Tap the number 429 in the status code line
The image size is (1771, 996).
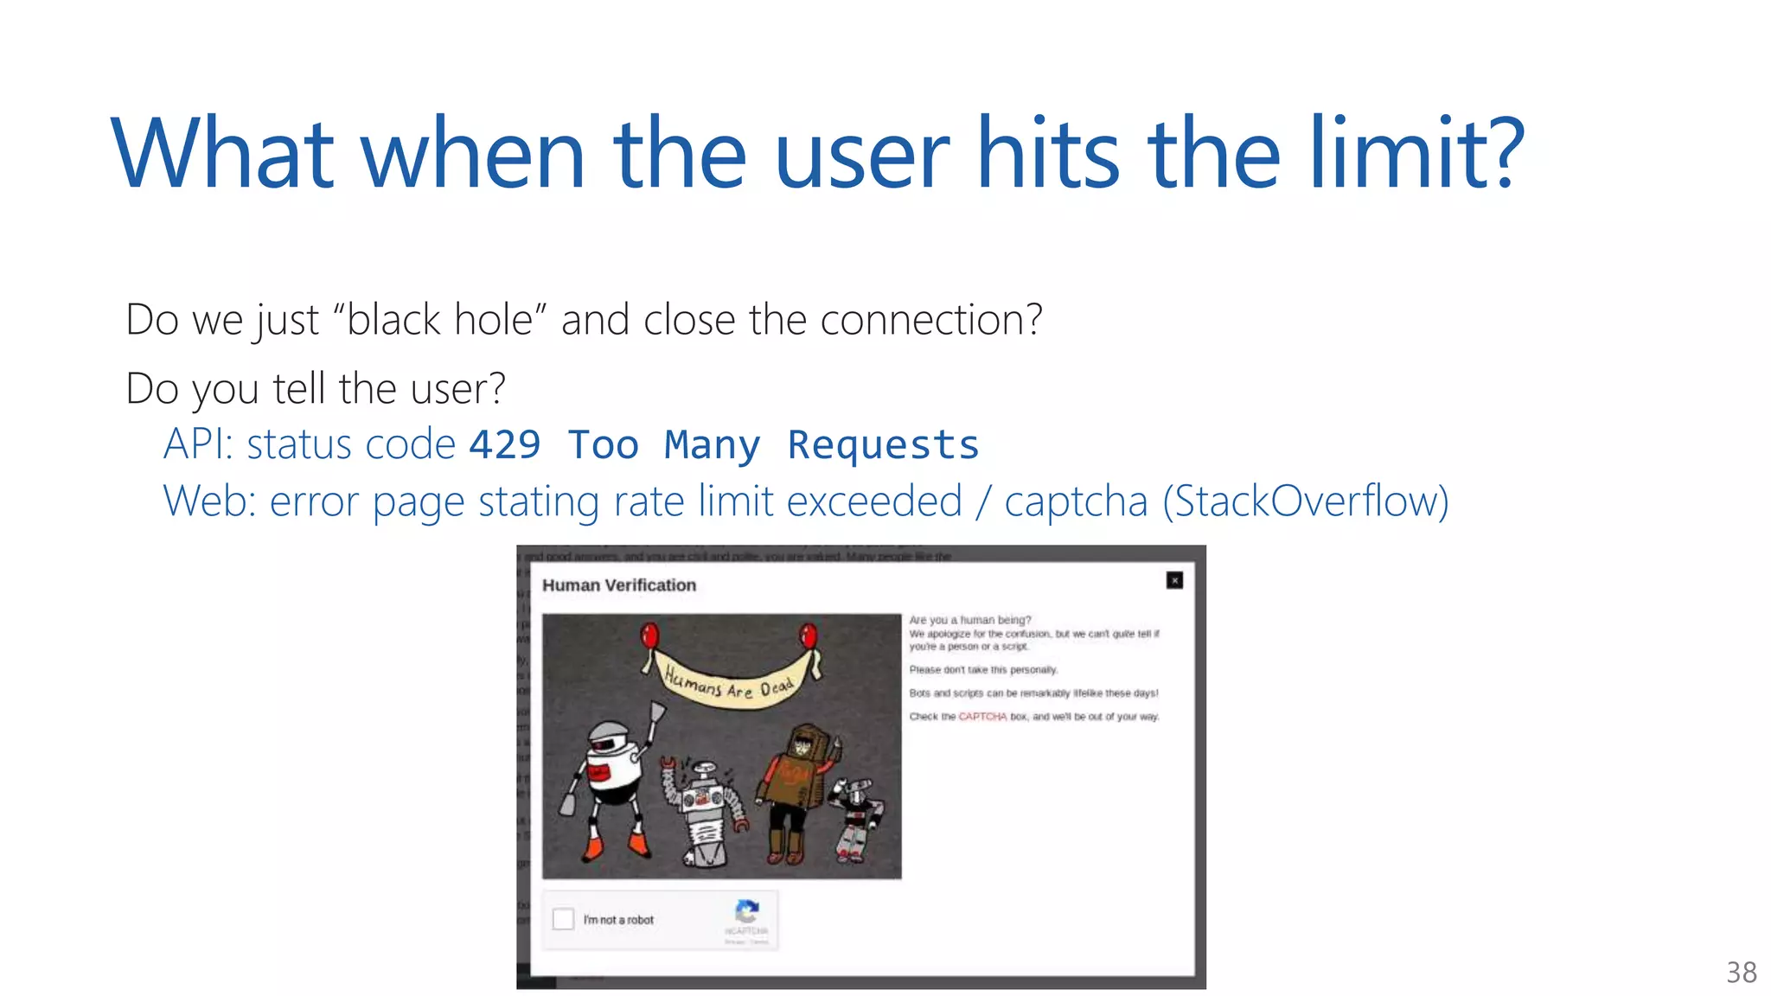click(505, 444)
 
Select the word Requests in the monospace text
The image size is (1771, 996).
click(883, 444)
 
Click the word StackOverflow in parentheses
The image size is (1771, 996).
click(1305, 501)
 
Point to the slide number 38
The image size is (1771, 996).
click(1741, 973)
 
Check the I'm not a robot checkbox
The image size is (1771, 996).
click(564, 918)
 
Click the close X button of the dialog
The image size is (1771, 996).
click(1174, 580)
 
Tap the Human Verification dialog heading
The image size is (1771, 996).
click(619, 585)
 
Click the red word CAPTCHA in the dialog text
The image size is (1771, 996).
click(982, 717)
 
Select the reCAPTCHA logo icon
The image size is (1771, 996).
click(746, 910)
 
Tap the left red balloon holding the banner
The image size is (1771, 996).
click(649, 636)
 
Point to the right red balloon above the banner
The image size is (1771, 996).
click(809, 635)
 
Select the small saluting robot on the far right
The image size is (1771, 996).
click(856, 817)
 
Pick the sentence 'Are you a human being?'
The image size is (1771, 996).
click(970, 620)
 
